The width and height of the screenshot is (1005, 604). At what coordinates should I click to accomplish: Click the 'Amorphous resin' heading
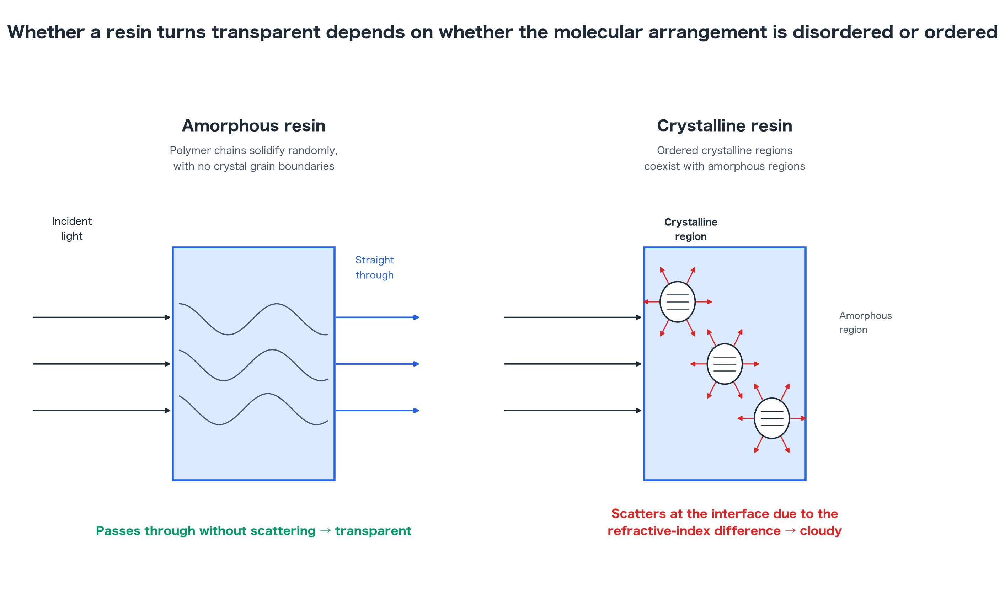(253, 126)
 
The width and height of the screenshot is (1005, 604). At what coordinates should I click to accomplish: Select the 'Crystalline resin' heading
(724, 126)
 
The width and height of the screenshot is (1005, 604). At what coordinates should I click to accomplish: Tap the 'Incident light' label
(71, 228)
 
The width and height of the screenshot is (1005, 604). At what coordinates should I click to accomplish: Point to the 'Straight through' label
(374, 267)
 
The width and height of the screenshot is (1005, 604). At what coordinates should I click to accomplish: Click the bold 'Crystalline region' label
(690, 229)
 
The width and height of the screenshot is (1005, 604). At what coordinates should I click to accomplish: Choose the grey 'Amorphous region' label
(865, 322)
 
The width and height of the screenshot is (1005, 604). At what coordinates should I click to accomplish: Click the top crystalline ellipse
(678, 301)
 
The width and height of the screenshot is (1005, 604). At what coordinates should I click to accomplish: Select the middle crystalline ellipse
(725, 364)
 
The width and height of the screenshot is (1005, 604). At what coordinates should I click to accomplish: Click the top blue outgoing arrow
(377, 317)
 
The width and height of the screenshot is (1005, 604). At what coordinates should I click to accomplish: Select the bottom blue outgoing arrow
(377, 410)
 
